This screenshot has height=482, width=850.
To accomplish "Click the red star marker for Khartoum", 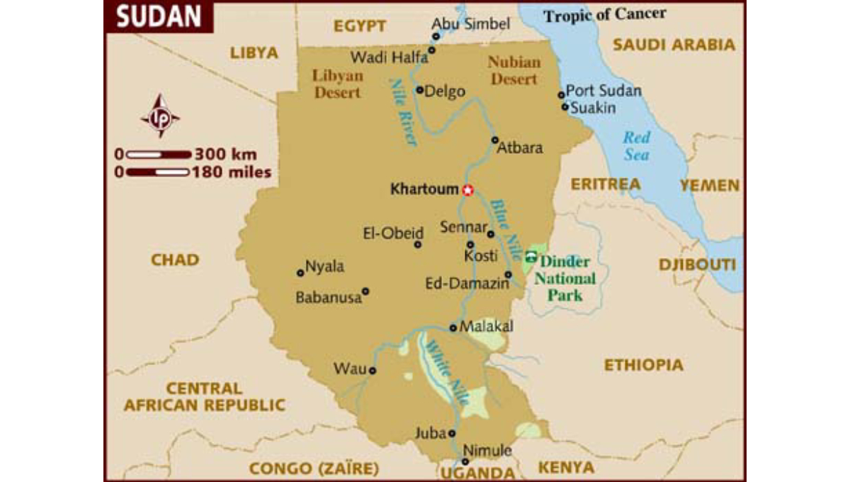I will [467, 190].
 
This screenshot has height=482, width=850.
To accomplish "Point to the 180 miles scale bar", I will [158, 172].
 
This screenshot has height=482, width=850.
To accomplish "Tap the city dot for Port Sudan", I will [561, 94].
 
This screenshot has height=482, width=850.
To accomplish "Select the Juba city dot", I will [452, 433].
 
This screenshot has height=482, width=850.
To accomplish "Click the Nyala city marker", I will [300, 272].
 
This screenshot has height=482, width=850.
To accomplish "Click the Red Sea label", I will [636, 146].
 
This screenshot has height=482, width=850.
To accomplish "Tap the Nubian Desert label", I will [514, 71].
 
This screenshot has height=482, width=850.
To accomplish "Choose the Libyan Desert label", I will [338, 84].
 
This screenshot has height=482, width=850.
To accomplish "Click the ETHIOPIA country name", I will [643, 365].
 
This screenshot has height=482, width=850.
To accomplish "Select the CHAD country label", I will [174, 259].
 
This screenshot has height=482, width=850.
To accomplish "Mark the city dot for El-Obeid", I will [417, 245].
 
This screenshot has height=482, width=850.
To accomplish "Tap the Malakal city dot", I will [453, 327].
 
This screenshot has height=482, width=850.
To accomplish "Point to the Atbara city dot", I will [494, 140].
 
